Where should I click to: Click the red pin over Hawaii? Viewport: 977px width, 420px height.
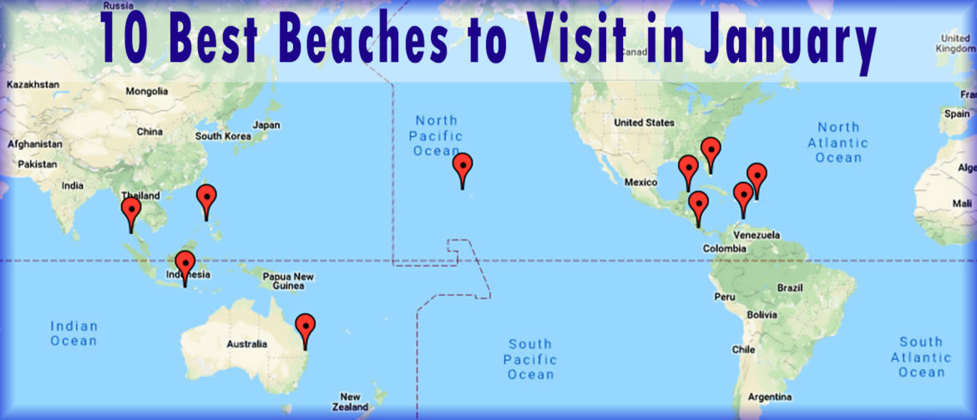(x=463, y=167)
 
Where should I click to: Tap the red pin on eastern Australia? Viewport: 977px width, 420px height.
(x=306, y=327)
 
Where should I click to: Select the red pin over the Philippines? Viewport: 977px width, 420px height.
(x=206, y=200)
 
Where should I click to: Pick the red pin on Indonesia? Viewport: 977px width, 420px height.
(x=185, y=265)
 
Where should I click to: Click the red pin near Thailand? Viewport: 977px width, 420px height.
(x=131, y=211)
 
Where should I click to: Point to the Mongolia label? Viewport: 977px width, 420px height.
(x=146, y=92)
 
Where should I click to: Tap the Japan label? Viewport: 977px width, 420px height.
(x=266, y=125)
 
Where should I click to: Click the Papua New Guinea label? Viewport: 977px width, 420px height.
(x=288, y=281)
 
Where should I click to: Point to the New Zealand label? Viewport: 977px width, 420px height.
(x=350, y=402)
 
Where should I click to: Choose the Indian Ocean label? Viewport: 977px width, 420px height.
(x=73, y=333)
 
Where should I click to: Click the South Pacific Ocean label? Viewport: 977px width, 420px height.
(x=530, y=359)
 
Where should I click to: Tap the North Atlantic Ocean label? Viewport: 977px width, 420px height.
(x=838, y=142)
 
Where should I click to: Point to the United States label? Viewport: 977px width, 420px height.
(x=644, y=123)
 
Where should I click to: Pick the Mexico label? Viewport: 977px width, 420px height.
(x=642, y=182)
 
